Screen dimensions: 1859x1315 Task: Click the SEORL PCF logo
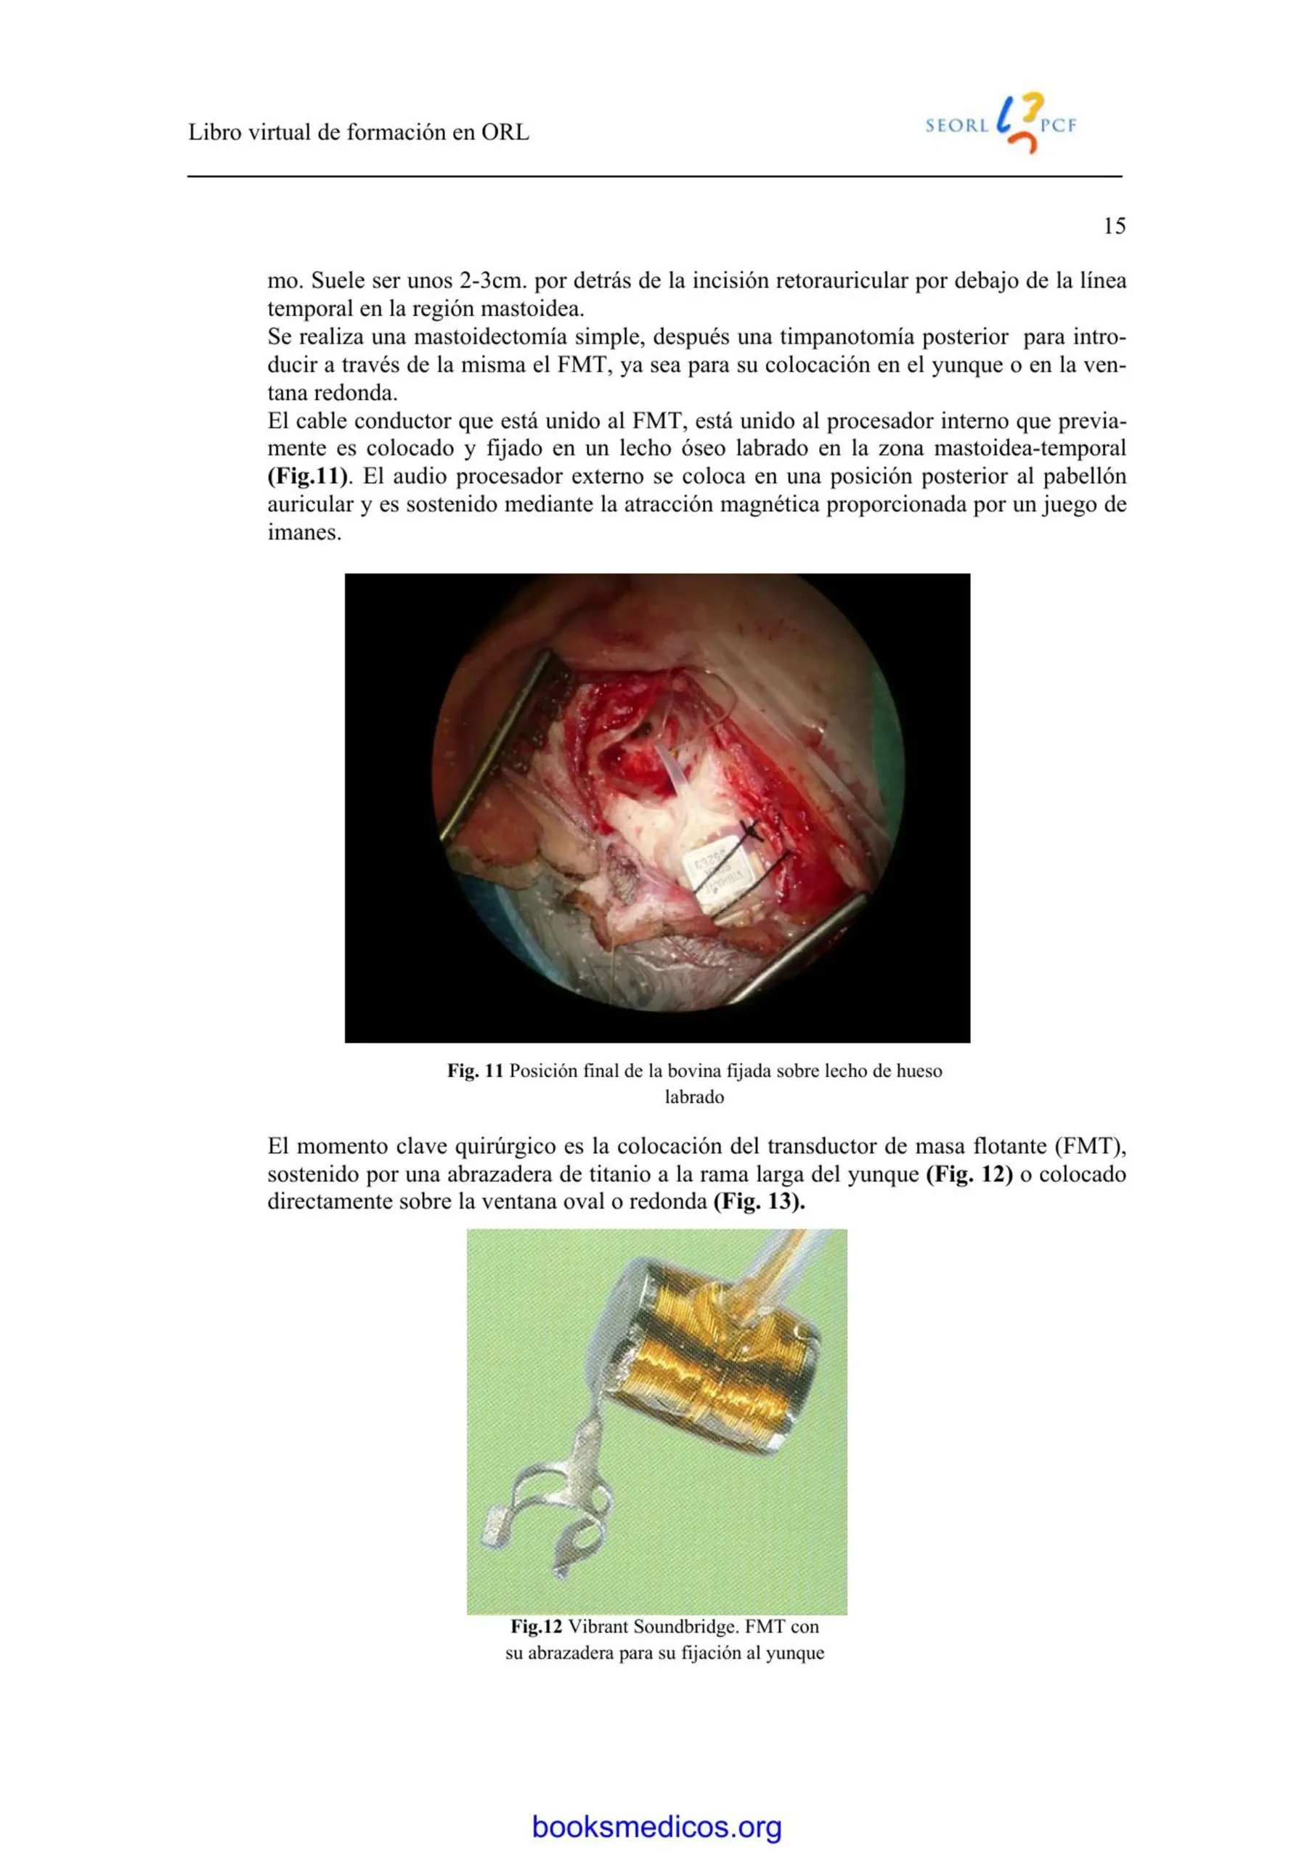pos(1001,125)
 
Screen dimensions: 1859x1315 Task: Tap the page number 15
pos(1114,226)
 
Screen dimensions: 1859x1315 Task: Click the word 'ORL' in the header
pos(505,133)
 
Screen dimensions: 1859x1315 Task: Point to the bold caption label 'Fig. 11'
pos(476,1071)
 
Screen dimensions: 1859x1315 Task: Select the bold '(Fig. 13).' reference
pos(759,1201)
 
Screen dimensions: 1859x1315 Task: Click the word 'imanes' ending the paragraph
pos(302,533)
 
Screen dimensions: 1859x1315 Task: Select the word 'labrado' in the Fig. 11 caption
pos(694,1098)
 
